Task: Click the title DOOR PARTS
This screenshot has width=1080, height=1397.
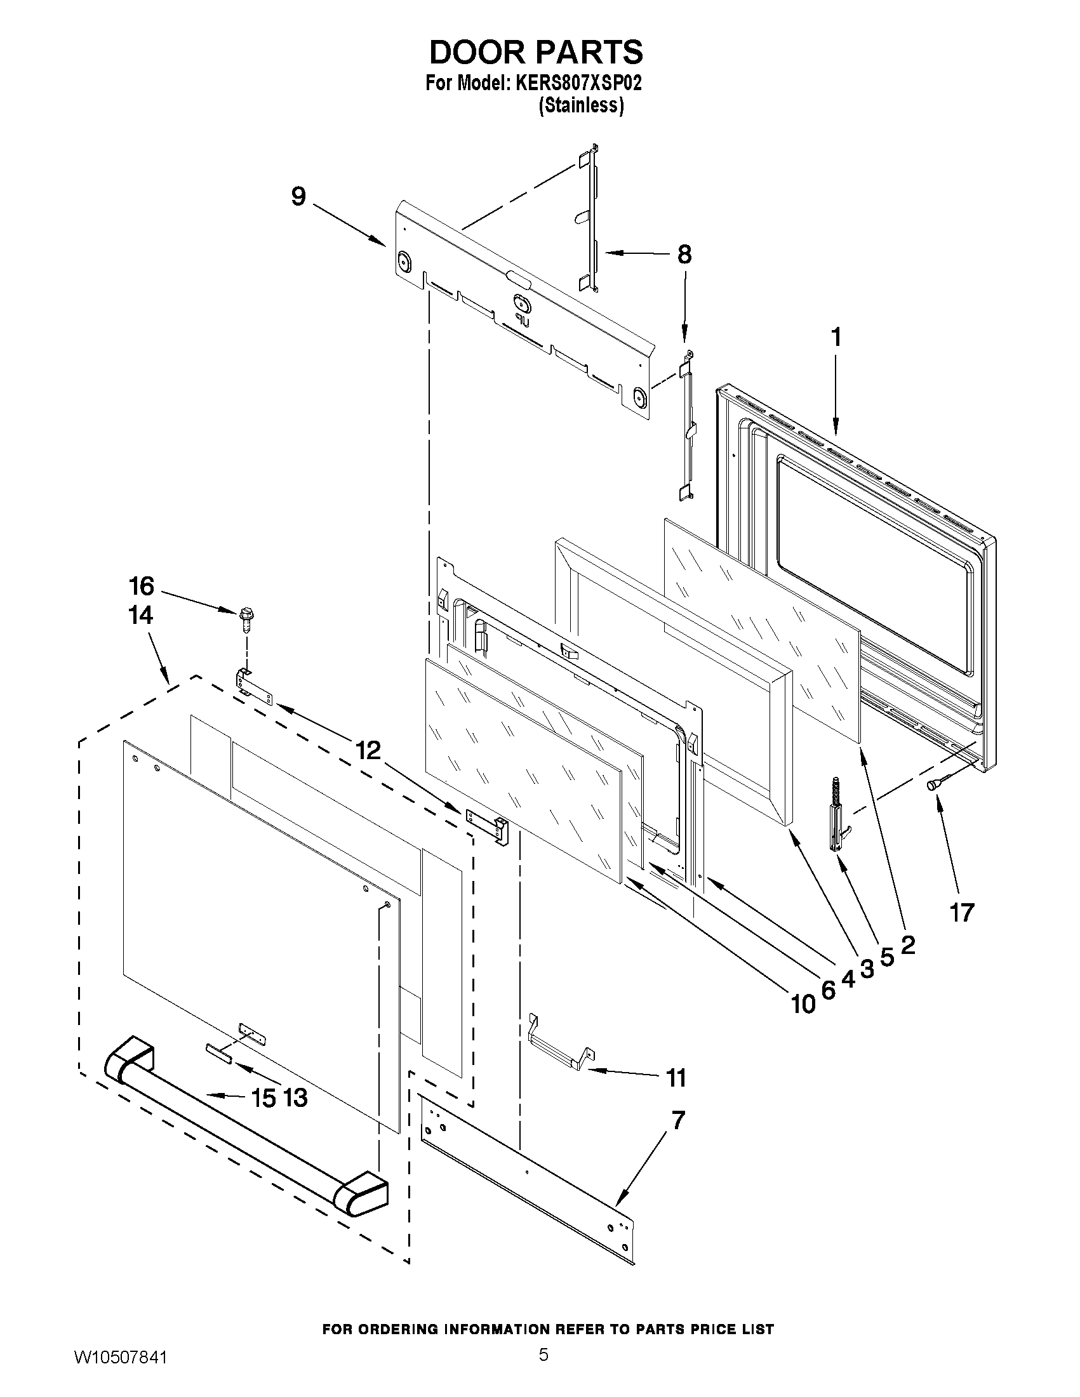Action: tap(535, 52)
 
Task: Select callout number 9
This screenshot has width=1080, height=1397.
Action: tap(299, 196)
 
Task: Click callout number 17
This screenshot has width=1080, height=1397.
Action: tap(962, 913)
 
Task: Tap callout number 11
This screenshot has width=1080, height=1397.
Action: tap(676, 1078)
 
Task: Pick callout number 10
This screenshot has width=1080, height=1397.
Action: tap(804, 1005)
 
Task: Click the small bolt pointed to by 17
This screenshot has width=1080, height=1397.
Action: tap(934, 785)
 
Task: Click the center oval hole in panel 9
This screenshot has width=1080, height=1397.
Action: tap(518, 301)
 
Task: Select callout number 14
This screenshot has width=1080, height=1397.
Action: tap(141, 615)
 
